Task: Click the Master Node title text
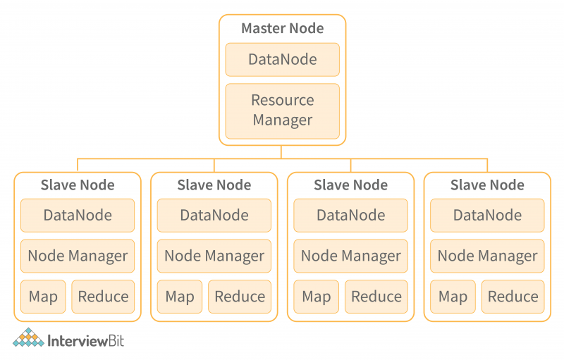[x=282, y=29]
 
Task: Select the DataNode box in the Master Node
[x=282, y=60]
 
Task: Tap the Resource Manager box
[x=282, y=111]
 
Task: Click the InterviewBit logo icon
[x=28, y=339]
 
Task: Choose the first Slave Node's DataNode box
[x=78, y=216]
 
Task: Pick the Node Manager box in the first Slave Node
[x=78, y=256]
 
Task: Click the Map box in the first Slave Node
[x=43, y=297]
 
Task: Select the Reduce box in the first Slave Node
[x=103, y=297]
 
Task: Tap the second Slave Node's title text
[x=214, y=185]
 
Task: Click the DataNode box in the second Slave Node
[x=214, y=216]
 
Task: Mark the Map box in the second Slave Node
[x=180, y=297]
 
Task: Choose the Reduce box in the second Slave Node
[x=240, y=297]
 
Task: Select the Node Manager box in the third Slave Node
[x=350, y=256]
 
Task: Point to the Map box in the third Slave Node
[x=317, y=297]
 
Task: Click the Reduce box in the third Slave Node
[x=376, y=297]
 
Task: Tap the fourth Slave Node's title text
[x=487, y=185]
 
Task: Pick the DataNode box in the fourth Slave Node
[x=487, y=216]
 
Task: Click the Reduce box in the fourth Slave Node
[x=513, y=297]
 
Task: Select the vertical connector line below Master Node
[x=282, y=152]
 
